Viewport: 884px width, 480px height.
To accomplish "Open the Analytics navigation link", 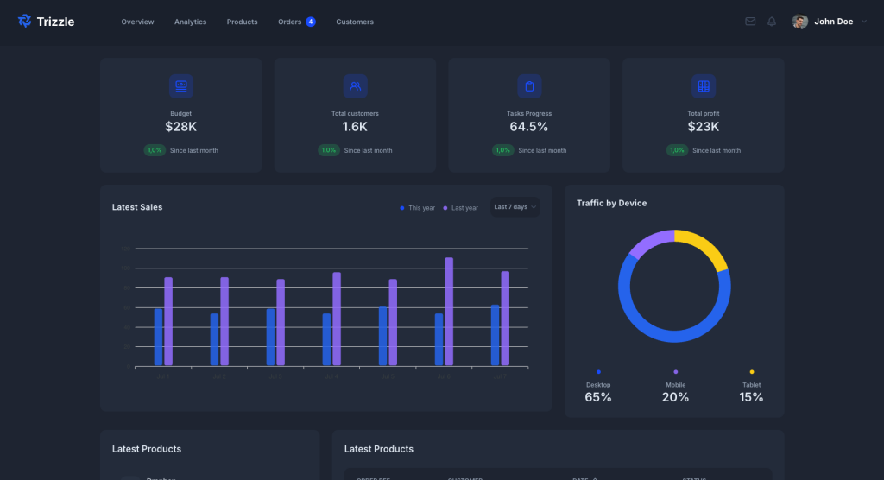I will click(x=190, y=22).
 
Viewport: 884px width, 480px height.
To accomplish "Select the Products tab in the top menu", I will click(x=242, y=22).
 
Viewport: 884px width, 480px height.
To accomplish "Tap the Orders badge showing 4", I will click(x=311, y=22).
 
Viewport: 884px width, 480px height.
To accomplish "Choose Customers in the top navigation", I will click(x=355, y=22).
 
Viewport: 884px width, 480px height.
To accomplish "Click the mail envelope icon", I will click(x=750, y=22).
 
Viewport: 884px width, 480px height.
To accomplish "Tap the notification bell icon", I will click(x=772, y=22).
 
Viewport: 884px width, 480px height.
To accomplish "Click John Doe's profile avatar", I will click(x=800, y=22).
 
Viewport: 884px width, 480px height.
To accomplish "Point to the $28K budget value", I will click(x=181, y=127).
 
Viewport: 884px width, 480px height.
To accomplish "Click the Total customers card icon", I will click(x=355, y=86).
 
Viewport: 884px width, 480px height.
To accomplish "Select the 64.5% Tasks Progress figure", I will click(x=529, y=127).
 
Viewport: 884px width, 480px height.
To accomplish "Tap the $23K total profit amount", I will click(x=704, y=127).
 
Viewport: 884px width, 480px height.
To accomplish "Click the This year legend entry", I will click(x=418, y=208).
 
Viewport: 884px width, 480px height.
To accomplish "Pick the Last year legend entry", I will click(x=461, y=208).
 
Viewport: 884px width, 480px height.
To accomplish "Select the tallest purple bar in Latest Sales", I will click(x=449, y=311).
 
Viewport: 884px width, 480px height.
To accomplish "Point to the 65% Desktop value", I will click(x=598, y=397).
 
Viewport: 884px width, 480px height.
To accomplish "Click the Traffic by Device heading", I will click(x=611, y=204).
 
